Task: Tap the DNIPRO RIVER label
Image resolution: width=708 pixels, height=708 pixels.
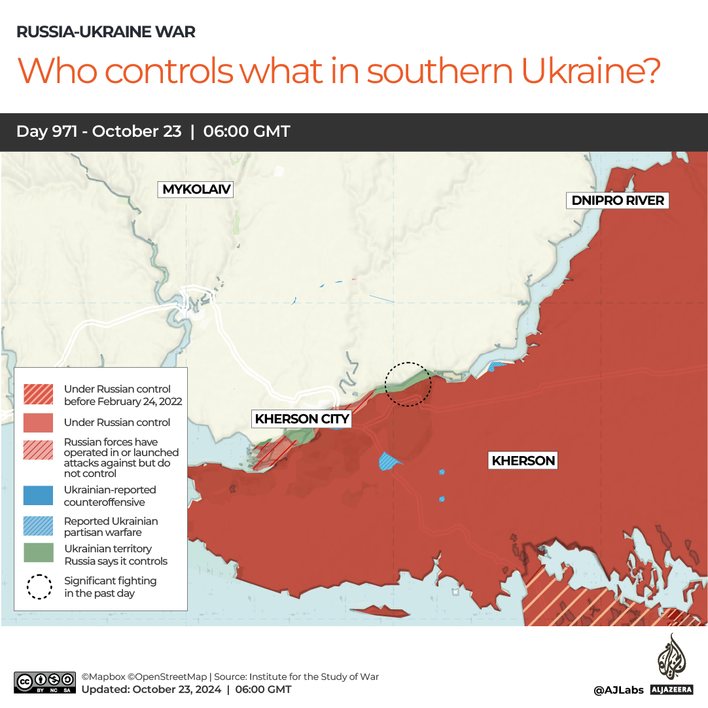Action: point(618,200)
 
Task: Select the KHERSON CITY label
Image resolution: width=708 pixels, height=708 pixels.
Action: point(302,419)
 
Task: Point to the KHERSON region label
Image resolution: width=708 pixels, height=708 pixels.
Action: point(523,461)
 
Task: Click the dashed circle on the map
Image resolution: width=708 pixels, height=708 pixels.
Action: point(408,384)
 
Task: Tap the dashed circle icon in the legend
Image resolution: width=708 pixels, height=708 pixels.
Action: point(39,587)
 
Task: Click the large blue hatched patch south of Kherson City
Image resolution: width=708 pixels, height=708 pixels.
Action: point(389,461)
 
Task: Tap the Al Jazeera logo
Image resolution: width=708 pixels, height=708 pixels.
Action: point(671,664)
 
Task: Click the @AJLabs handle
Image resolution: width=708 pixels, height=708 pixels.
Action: point(618,690)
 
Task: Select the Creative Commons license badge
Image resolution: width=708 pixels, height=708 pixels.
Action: point(45,682)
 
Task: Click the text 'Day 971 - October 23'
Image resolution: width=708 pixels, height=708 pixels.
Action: point(99,132)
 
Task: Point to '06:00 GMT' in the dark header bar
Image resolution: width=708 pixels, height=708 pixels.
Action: point(247,132)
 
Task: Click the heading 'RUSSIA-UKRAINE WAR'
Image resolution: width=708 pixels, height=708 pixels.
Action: point(105,32)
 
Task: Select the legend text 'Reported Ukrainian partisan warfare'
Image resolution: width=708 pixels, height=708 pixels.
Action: point(111,527)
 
